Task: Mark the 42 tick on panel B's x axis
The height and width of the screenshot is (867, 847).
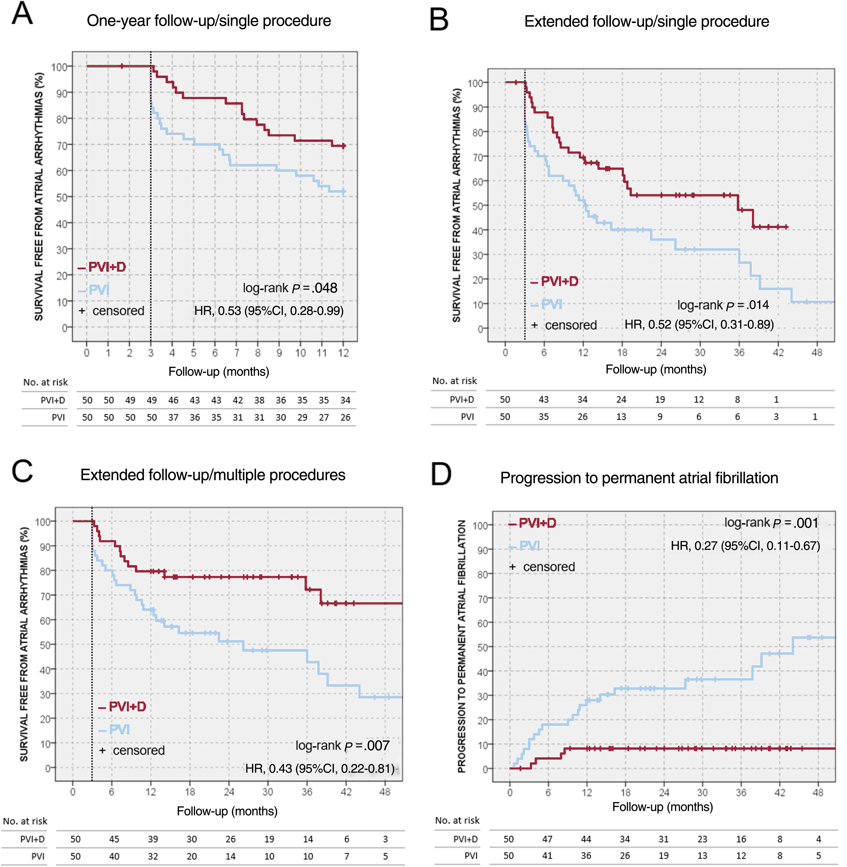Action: (x=778, y=353)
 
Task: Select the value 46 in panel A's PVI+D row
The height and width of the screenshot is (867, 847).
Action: (x=173, y=400)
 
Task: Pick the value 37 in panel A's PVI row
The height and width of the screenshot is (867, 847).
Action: (x=173, y=418)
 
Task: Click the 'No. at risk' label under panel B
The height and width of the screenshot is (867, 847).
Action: (x=454, y=381)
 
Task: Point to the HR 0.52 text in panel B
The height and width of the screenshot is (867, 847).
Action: (x=699, y=324)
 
